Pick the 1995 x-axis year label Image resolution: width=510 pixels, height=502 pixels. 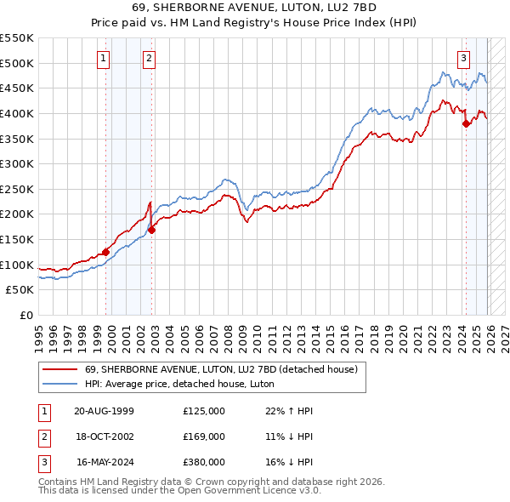(39, 330)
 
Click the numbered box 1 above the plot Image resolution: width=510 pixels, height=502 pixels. (103, 59)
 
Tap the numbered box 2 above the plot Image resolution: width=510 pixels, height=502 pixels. (149, 59)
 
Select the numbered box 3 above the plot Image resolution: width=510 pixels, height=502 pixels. (463, 59)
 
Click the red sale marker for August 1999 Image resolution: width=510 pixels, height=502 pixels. (105, 252)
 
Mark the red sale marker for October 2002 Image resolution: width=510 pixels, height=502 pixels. (151, 230)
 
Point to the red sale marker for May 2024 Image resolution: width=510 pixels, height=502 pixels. (466, 123)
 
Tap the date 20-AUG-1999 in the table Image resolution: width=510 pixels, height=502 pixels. (104, 411)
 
